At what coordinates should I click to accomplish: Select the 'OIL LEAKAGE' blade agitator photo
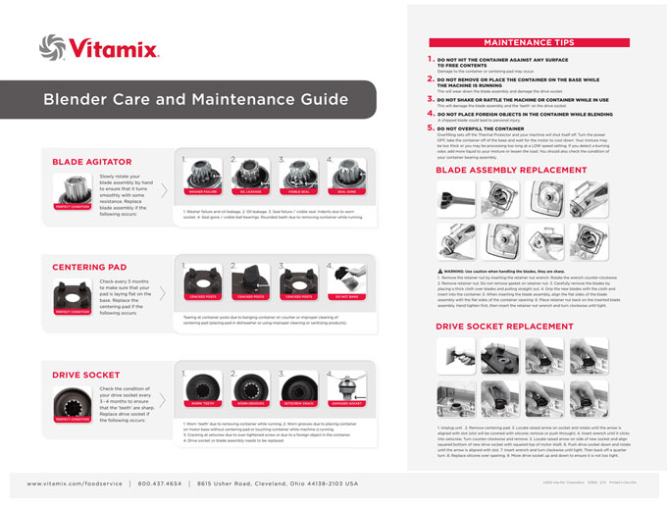pos(250,176)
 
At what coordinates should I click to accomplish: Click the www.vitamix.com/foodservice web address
pos(74,483)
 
